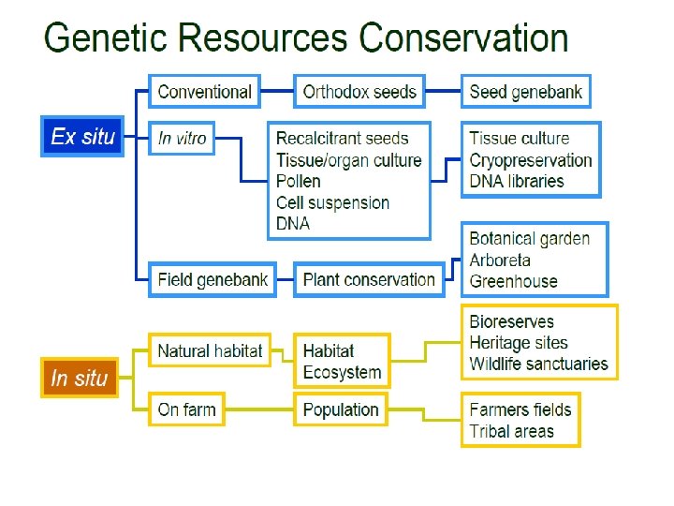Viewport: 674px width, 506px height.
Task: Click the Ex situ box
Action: tap(82, 137)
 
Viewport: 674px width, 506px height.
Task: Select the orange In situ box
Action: tap(80, 379)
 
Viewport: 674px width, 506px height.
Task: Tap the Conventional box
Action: tap(204, 92)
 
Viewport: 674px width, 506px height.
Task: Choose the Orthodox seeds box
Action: tap(359, 92)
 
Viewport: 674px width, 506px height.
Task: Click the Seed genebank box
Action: tap(525, 92)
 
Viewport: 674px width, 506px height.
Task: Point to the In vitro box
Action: tap(183, 138)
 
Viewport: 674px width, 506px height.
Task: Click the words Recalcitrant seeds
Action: tap(343, 139)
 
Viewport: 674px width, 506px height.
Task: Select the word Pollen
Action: tap(299, 181)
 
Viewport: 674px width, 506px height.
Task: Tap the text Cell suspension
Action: tap(332, 202)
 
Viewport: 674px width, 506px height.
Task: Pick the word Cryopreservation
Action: tap(531, 160)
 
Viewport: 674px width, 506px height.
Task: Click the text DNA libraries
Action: tap(517, 181)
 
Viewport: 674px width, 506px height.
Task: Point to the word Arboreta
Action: tap(500, 260)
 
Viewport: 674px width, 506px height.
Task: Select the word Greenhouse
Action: tap(513, 281)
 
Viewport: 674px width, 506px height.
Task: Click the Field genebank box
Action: tap(212, 279)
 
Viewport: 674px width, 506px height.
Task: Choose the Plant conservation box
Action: tap(369, 279)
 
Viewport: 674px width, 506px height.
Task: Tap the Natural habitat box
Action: tap(210, 351)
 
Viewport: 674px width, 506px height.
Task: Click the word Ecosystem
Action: tap(342, 372)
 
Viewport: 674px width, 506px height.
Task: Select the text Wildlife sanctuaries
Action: tap(538, 364)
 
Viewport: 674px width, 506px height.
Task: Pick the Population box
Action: tap(341, 409)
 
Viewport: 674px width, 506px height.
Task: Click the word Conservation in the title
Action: tap(463, 39)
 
